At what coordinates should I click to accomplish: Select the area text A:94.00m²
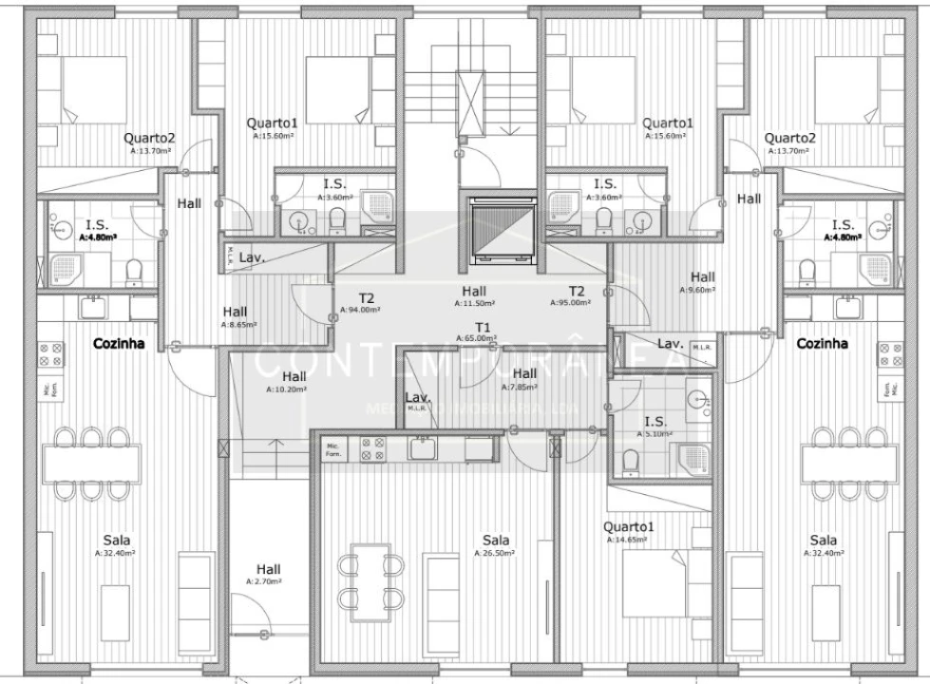[360, 310]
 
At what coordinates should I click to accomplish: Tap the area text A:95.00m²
[570, 303]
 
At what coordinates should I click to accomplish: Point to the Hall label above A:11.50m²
[473, 290]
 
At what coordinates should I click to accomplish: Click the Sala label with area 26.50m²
[495, 540]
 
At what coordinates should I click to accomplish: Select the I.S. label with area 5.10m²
[655, 421]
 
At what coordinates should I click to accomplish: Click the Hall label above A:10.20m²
[294, 375]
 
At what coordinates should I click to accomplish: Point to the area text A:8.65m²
[235, 324]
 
